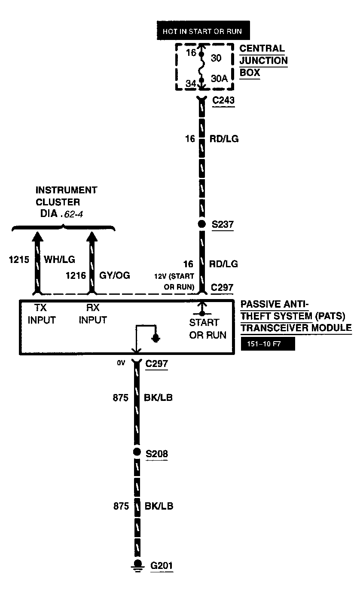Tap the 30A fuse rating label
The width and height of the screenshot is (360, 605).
(219, 79)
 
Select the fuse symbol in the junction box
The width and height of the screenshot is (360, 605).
(201, 67)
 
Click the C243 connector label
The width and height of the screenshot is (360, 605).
(223, 100)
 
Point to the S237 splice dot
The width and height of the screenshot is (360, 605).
(201, 224)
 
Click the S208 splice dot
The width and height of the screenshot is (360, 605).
(137, 452)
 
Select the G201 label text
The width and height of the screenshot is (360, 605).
(162, 565)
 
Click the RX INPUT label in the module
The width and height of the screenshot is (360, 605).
(93, 315)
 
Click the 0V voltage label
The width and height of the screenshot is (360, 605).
(121, 363)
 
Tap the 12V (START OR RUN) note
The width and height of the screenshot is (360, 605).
(177, 281)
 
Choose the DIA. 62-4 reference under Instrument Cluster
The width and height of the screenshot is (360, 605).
(60, 214)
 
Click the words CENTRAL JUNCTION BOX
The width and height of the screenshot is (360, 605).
(263, 61)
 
